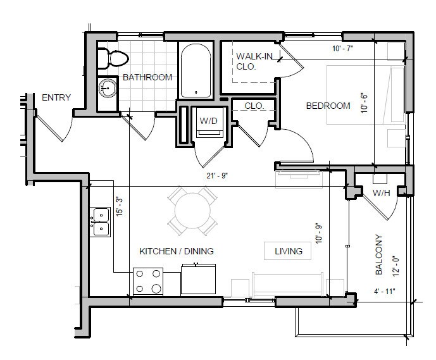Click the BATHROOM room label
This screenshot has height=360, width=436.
147,77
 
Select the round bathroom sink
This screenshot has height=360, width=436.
108,89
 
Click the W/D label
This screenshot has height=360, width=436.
208,120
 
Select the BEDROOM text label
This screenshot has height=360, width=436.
328,106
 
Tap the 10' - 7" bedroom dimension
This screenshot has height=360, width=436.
344,48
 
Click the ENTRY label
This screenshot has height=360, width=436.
56,97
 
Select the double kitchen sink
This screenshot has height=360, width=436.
100,221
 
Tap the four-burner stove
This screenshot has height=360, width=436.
148,282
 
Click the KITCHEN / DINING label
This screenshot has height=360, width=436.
176,251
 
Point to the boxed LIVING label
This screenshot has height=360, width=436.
288,251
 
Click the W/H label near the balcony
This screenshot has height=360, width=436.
380,193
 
